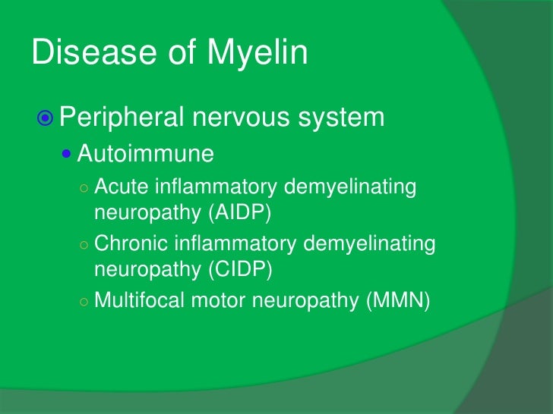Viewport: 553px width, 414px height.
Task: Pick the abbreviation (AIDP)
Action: coord(239,212)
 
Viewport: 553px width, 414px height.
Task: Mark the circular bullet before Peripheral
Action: coord(45,118)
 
